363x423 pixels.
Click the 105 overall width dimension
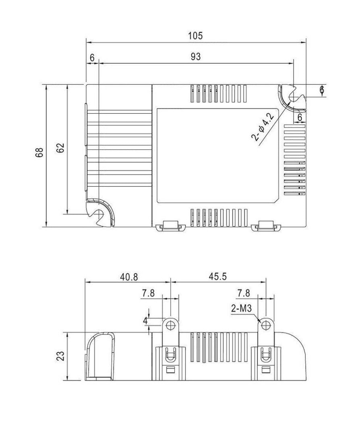point(195,35)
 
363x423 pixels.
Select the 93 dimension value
point(196,57)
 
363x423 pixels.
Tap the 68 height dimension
point(40,152)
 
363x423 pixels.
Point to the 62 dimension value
point(61,147)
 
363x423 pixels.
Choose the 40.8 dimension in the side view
point(129,277)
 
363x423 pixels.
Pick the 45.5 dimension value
point(218,276)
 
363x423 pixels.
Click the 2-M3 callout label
point(241,308)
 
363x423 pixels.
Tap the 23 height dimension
point(61,356)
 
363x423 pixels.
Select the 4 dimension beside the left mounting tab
point(145,321)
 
